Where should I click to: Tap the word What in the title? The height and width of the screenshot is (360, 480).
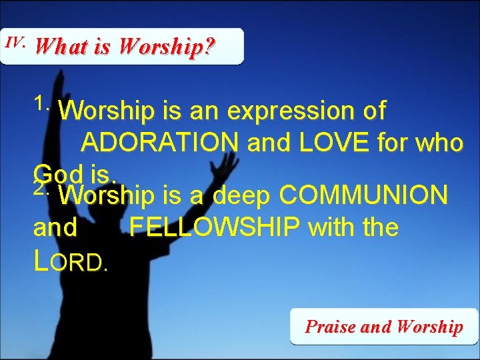click(x=59, y=47)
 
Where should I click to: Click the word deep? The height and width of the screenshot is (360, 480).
click(x=244, y=195)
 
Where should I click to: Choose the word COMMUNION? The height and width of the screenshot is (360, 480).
click(x=363, y=195)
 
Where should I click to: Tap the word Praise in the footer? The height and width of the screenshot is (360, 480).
click(x=331, y=327)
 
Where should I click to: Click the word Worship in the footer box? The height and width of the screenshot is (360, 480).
click(x=429, y=327)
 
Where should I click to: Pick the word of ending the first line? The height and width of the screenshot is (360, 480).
click(x=373, y=112)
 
